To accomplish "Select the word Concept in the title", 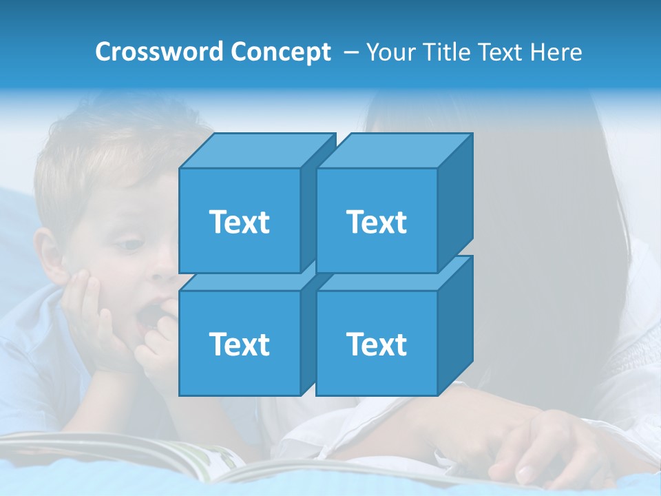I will (281, 52).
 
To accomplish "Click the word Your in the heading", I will (391, 52).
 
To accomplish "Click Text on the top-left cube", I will (239, 222).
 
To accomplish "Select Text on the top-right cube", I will (376, 222).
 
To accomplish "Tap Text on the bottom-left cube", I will (239, 344).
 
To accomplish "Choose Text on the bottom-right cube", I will (376, 344).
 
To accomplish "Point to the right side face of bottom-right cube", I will (455, 327).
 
